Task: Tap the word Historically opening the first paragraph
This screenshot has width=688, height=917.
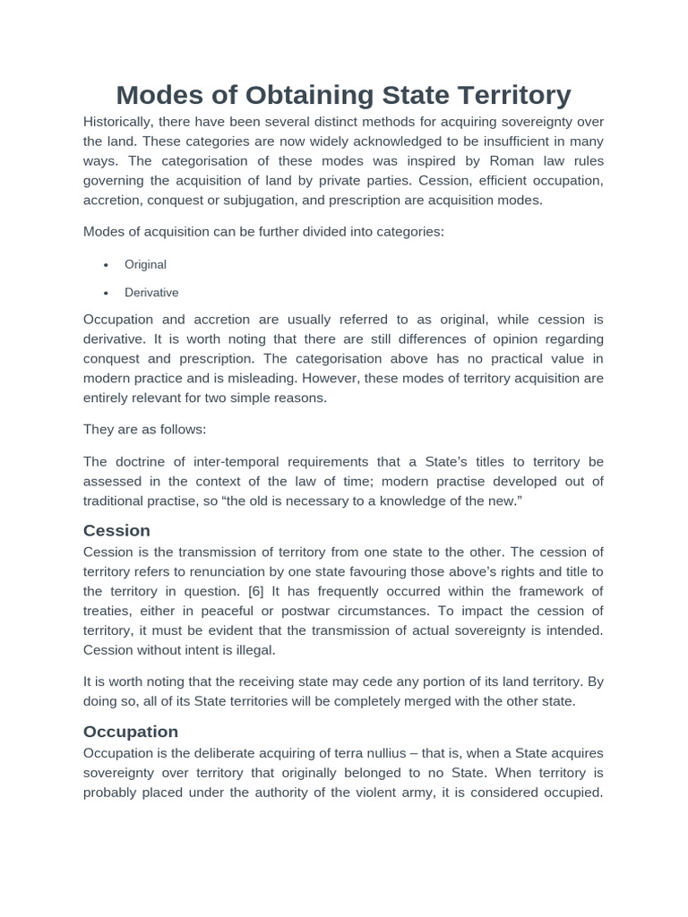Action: [117, 122]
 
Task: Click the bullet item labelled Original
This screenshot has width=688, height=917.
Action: [145, 264]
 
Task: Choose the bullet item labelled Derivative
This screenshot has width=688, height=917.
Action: [151, 292]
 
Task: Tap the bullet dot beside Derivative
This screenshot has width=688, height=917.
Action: [106, 293]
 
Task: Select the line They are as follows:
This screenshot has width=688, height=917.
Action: [144, 429]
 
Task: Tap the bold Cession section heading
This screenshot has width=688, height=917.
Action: [116, 530]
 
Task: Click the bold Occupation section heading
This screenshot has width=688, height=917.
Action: [131, 731]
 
